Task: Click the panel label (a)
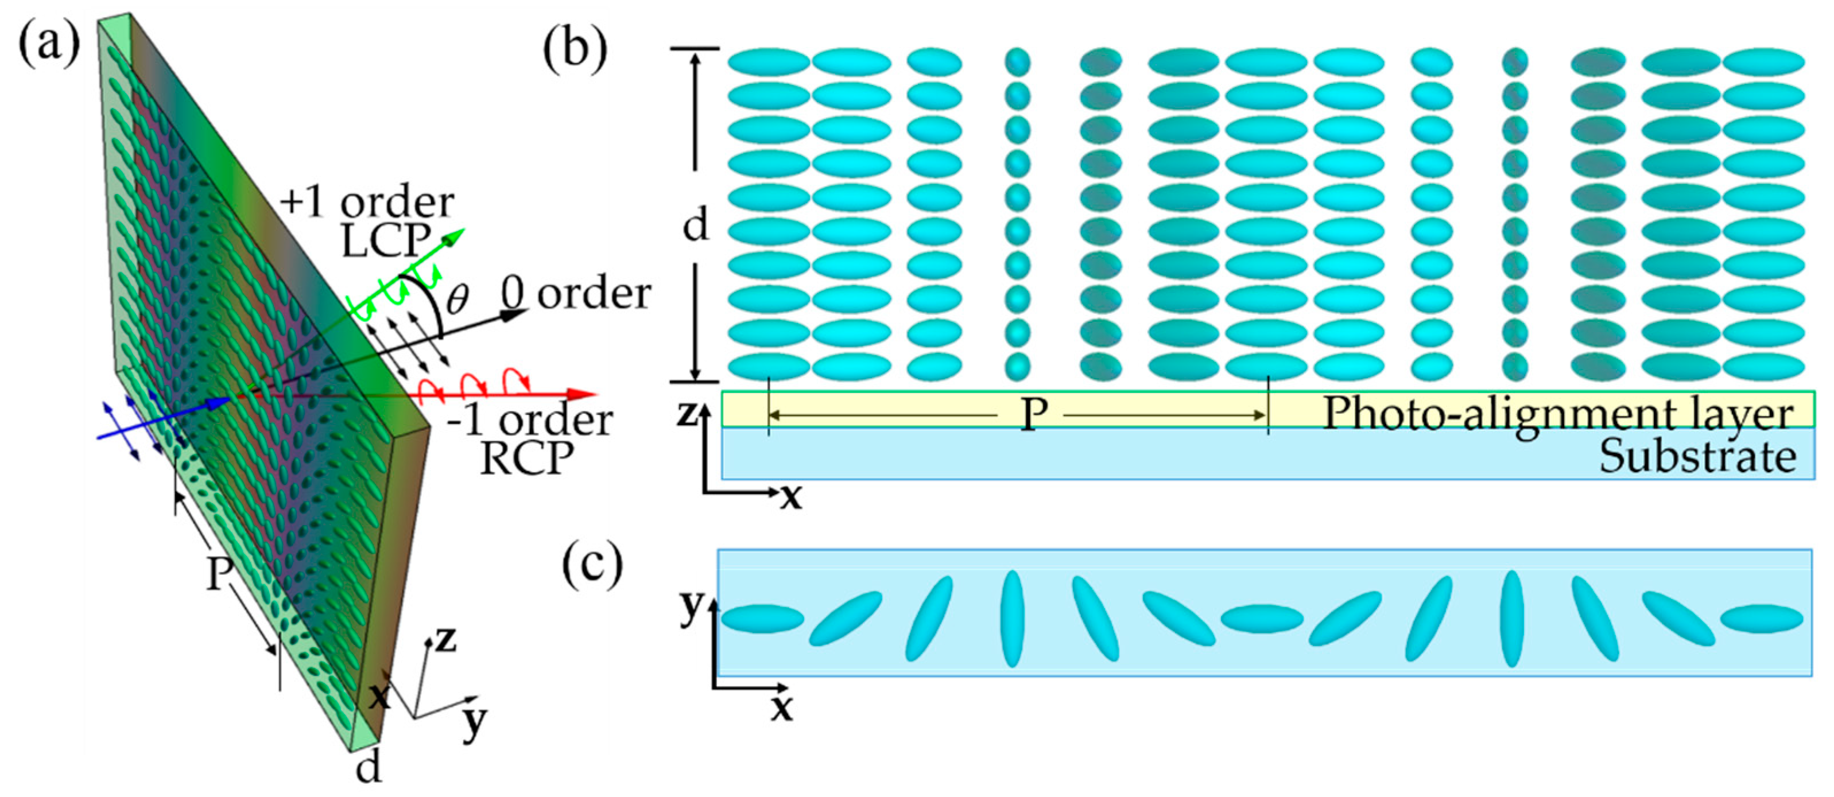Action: click(x=48, y=44)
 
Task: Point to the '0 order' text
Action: click(x=575, y=293)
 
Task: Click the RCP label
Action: click(x=527, y=459)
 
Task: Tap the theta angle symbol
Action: click(x=456, y=299)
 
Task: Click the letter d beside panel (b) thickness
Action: click(x=696, y=226)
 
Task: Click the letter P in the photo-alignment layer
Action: click(x=1033, y=414)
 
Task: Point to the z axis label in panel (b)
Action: click(x=685, y=413)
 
